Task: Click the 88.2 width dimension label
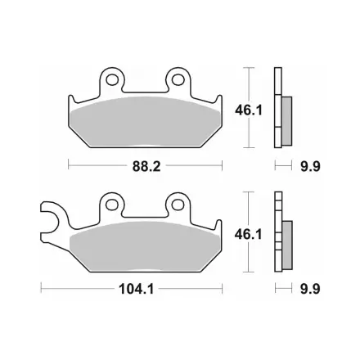146,166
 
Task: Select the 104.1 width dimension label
137,289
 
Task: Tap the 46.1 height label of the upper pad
249,110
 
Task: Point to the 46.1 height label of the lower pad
248,235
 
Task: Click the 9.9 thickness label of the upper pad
310,166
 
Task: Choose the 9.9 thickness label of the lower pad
310,289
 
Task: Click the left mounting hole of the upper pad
112,79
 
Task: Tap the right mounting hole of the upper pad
178,79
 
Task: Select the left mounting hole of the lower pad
112,205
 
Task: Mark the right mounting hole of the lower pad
178,205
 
